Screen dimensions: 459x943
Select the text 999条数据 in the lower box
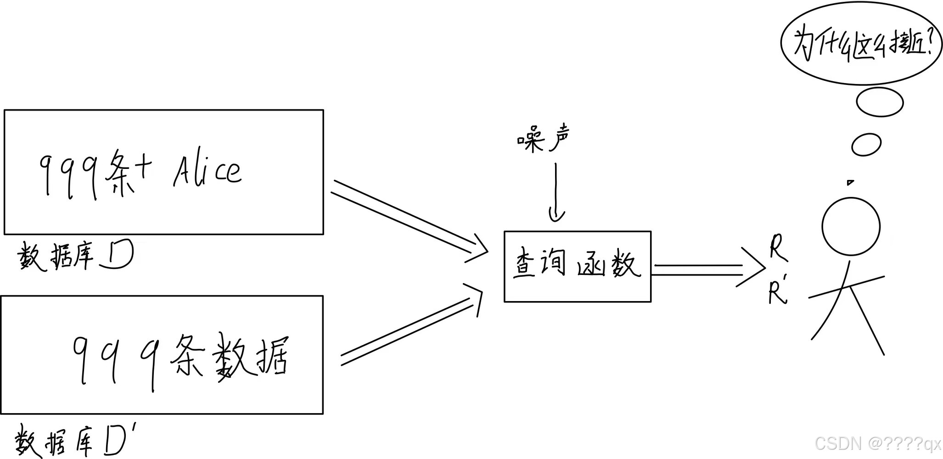point(181,360)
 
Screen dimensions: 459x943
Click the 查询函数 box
point(577,266)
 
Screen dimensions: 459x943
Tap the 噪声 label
point(544,139)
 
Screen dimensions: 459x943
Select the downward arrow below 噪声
point(556,193)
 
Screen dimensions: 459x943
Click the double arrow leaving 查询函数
point(707,269)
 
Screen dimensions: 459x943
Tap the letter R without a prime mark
point(777,248)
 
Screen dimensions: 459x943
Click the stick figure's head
point(851,226)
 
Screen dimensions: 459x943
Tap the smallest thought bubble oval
point(866,145)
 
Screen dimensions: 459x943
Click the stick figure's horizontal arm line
point(846,287)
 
